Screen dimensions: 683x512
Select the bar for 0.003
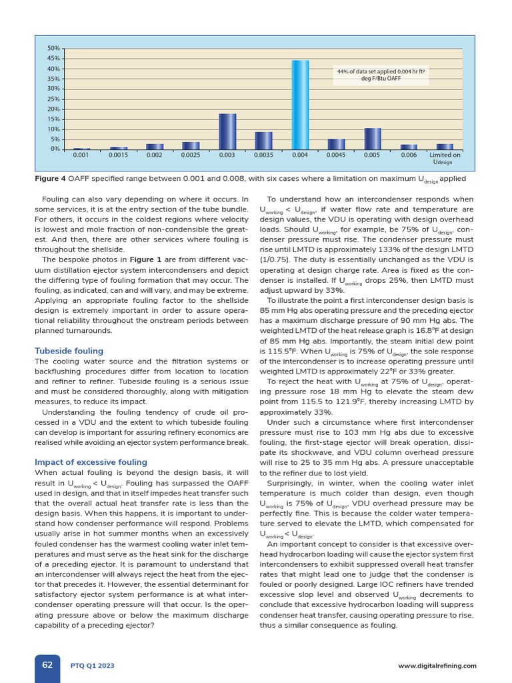(x=227, y=131)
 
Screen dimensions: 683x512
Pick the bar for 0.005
(x=373, y=139)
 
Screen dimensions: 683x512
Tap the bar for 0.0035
(x=264, y=141)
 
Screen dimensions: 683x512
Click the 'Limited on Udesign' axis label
(x=444, y=158)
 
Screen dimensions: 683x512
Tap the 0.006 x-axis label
(x=409, y=155)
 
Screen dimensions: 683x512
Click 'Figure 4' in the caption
(x=50, y=178)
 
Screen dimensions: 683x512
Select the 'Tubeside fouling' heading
(x=69, y=351)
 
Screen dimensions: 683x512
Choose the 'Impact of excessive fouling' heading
(x=91, y=462)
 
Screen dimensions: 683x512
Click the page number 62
(x=47, y=665)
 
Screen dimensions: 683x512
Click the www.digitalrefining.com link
(x=437, y=666)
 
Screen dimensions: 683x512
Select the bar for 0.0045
(x=337, y=144)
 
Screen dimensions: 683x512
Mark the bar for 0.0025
(x=191, y=145)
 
